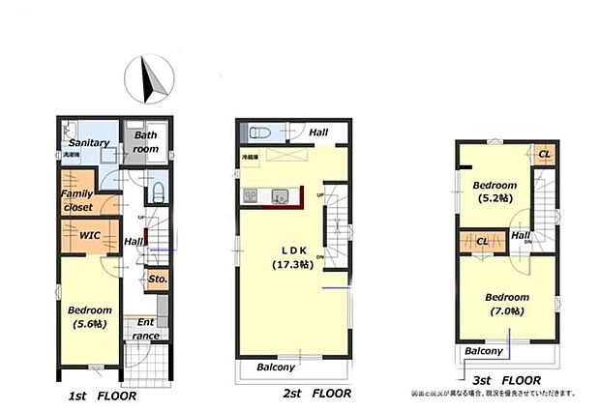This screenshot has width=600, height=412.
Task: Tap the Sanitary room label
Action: [90, 143]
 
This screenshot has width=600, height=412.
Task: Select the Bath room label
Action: [145, 143]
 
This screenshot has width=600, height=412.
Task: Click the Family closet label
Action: [76, 199]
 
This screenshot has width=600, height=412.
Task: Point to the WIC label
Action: [91, 234]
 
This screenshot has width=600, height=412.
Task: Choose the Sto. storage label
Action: [159, 280]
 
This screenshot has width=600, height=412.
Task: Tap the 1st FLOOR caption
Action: [103, 397]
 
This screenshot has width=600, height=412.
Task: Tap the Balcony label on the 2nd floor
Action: [276, 368]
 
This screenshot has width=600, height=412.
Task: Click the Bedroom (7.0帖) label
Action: [507, 304]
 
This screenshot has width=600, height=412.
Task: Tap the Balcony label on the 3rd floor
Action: [483, 351]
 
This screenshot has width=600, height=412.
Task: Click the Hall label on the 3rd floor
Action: [520, 235]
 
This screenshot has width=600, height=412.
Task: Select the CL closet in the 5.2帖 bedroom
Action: [544, 154]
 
